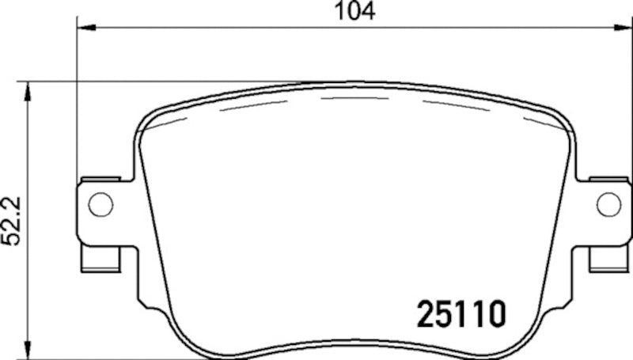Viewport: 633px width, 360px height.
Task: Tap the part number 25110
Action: tap(460, 314)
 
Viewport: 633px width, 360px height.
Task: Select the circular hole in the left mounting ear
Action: tap(100, 204)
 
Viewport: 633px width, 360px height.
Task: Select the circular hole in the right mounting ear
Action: tap(608, 204)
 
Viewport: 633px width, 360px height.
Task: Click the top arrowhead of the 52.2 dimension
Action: tap(29, 88)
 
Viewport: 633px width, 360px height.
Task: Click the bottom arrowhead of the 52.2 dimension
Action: tap(29, 351)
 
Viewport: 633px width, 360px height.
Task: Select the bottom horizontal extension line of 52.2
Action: tap(119, 358)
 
